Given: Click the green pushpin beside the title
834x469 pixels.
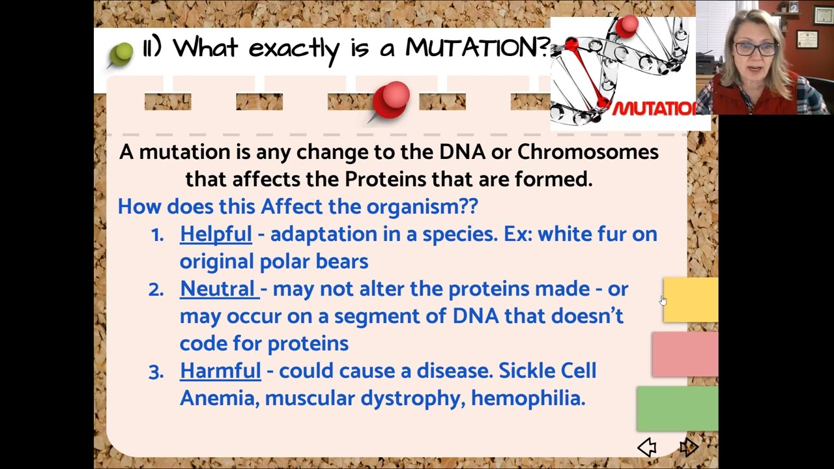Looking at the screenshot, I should [121, 53].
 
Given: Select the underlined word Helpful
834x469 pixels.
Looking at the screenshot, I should [216, 234].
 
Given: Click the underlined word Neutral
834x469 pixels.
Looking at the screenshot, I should [218, 289].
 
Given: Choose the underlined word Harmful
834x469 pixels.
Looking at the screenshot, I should [220, 371].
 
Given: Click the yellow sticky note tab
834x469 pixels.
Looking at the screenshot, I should [691, 300].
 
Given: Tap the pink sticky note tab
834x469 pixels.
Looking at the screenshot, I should [685, 354].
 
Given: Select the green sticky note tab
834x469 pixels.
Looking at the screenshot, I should [678, 408].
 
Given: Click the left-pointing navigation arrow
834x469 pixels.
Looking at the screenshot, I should [647, 447].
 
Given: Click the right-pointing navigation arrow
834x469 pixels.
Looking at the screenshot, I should [689, 447].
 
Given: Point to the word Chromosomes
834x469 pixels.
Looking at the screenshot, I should [588, 152].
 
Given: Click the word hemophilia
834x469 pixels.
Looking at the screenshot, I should [528, 398].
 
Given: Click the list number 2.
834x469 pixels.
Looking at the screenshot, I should [156, 289].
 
